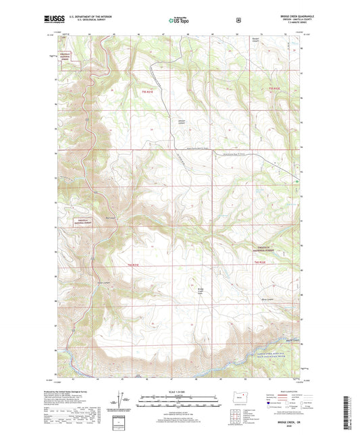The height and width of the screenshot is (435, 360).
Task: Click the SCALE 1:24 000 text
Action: (x=179, y=394)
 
